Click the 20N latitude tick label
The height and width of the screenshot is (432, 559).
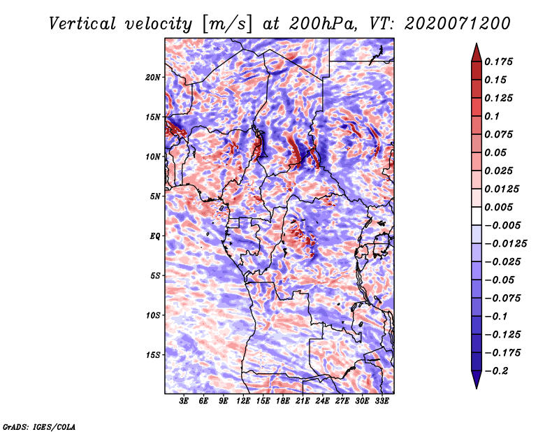pos(153,77)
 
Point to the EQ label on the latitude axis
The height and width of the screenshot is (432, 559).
pos(155,236)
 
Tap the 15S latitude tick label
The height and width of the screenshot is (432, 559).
pos(153,355)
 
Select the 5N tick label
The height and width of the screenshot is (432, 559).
pos(155,196)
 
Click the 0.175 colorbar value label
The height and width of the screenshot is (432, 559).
pos(500,62)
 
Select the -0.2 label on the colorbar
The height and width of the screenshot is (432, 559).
pos(500,370)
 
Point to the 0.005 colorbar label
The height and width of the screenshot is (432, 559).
pos(500,207)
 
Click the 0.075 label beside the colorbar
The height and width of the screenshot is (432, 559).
pos(500,134)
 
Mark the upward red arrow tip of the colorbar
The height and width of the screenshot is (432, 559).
pos(476,45)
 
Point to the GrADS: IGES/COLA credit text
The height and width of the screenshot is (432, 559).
pos(39,426)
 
